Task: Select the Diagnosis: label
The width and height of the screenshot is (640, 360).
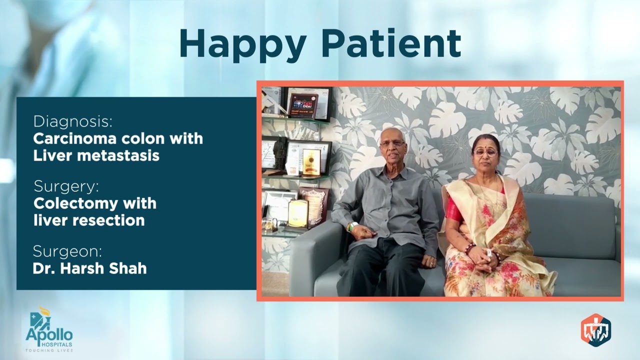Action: (x=73, y=121)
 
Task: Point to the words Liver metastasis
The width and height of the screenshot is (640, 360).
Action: (x=96, y=155)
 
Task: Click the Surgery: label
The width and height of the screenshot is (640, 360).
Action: (x=66, y=186)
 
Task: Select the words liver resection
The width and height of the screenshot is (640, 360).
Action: (x=89, y=220)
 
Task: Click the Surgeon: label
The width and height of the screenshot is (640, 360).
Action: (x=67, y=251)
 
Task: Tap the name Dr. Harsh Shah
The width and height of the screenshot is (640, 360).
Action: (x=89, y=268)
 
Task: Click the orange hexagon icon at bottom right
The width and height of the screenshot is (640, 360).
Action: (x=595, y=330)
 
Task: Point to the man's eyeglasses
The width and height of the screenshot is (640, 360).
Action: (x=392, y=144)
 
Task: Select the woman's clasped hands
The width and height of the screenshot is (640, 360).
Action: (x=484, y=256)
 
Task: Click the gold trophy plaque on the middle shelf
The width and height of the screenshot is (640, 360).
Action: (x=311, y=161)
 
